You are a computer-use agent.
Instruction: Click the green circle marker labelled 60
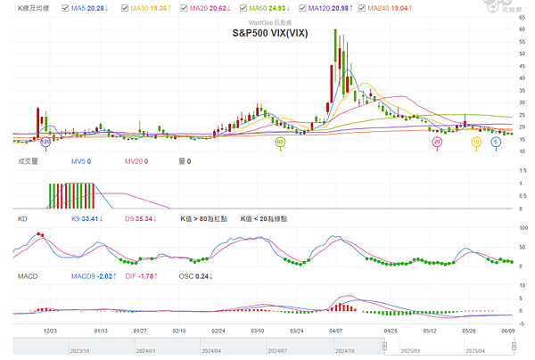[279, 141]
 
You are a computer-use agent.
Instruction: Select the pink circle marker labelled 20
[437, 141]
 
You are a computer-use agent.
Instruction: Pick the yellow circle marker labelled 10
[476, 141]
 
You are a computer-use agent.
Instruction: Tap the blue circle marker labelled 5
[496, 141]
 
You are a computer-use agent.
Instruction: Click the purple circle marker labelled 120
[46, 141]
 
